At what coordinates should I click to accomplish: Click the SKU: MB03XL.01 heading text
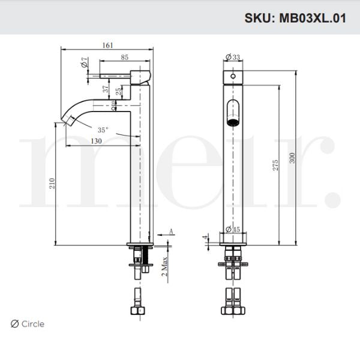[295, 17]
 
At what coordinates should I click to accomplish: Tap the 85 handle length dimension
[124, 58]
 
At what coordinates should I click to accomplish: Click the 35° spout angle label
[103, 129]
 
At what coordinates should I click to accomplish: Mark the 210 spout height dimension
[52, 183]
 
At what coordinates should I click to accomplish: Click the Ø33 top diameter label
[232, 57]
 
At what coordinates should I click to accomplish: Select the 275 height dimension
[275, 166]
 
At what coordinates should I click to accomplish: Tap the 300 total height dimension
[292, 158]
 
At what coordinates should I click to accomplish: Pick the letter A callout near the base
[171, 230]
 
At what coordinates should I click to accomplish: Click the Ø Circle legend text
[28, 324]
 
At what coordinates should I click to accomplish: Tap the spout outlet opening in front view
[232, 113]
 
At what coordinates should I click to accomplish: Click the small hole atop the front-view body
[232, 77]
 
